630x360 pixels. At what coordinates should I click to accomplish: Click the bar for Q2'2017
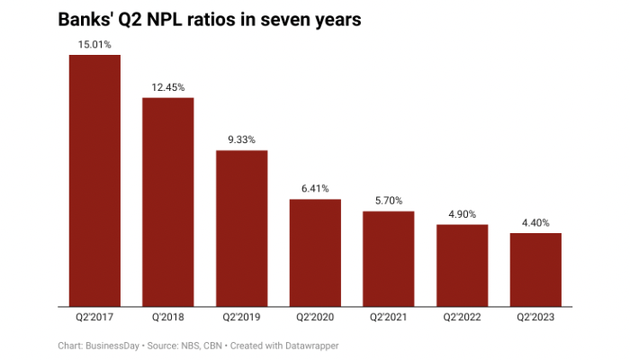point(94,180)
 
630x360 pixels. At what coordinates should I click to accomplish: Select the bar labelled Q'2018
point(168,202)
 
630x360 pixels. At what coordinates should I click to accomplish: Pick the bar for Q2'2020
point(315,253)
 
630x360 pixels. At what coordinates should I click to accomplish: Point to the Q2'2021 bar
point(389,258)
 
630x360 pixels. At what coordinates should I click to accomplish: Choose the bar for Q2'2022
point(462,265)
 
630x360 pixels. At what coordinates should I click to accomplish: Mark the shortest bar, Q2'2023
point(535,270)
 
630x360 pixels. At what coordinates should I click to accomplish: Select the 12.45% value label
point(168,87)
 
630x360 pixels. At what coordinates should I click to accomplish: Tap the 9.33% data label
point(241,139)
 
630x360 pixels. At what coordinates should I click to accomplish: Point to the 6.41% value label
point(315,188)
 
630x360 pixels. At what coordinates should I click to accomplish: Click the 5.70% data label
point(389,201)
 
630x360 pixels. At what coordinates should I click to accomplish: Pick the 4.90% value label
point(462,214)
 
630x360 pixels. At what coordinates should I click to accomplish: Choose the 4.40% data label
point(535,222)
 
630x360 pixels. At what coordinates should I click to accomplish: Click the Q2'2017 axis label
point(94,318)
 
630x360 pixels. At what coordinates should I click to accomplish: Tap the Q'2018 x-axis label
point(168,318)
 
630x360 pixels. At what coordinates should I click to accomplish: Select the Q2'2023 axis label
point(535,318)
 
